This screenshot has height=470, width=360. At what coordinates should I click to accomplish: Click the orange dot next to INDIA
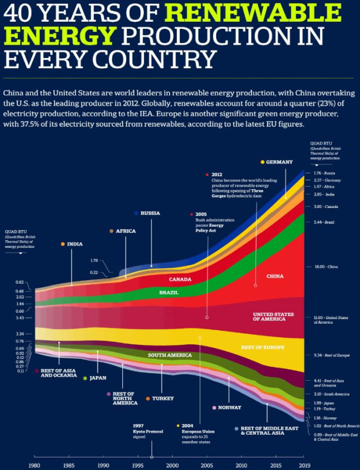(63, 244)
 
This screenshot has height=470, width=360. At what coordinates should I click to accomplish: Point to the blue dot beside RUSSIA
(136, 213)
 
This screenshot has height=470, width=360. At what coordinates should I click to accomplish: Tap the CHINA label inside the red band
(274, 276)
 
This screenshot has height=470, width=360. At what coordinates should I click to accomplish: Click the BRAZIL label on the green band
(169, 292)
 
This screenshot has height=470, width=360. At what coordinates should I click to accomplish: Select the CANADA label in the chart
(180, 279)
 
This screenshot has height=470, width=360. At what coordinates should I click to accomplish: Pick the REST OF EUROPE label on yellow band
(263, 348)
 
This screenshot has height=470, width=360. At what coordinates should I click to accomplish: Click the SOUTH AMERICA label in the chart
(170, 355)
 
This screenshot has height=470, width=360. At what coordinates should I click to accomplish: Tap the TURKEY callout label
(163, 398)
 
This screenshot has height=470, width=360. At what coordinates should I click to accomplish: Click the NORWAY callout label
(230, 407)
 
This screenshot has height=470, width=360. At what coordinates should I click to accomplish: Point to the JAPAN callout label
(97, 378)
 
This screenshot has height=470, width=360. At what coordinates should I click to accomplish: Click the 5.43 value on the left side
(19, 318)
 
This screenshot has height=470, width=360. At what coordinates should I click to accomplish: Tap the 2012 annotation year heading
(217, 174)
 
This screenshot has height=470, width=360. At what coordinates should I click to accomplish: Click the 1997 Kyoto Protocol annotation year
(139, 425)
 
